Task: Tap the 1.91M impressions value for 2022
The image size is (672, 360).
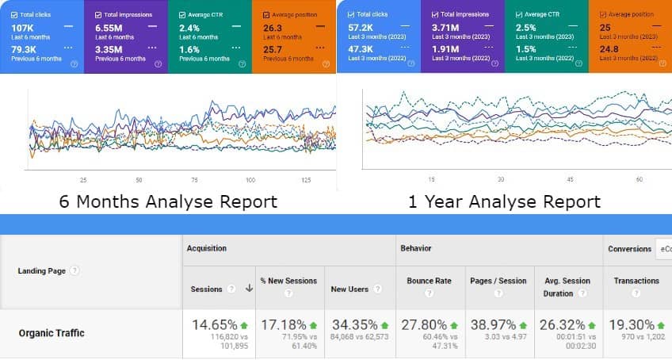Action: click(x=445, y=49)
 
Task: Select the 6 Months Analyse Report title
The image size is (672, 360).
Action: click(x=168, y=201)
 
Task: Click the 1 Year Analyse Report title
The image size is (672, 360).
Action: click(x=504, y=201)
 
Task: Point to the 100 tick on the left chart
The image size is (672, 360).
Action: click(x=250, y=180)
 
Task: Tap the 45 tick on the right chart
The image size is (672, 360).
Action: click(x=568, y=180)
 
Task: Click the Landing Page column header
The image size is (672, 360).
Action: click(x=41, y=271)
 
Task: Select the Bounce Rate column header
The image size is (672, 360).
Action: click(x=429, y=281)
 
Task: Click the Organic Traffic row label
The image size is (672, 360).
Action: click(x=52, y=333)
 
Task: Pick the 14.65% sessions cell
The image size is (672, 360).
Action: click(x=214, y=324)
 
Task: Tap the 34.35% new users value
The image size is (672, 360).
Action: click(x=353, y=324)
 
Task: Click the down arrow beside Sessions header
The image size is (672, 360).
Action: click(x=250, y=289)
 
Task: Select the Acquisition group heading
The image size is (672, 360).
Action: click(x=207, y=248)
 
